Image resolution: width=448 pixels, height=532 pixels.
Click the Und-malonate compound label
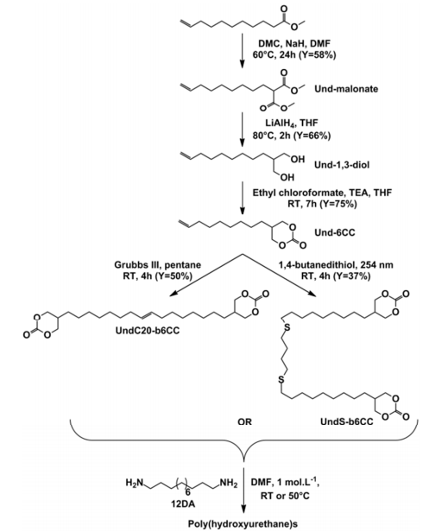point(346,89)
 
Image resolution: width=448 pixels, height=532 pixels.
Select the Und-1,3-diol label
point(342,165)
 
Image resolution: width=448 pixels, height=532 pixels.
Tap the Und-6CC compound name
point(334,233)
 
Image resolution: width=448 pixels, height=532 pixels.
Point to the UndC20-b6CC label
point(148,330)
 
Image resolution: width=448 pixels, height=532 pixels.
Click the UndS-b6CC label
point(347,421)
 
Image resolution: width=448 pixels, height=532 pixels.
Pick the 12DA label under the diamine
point(183,503)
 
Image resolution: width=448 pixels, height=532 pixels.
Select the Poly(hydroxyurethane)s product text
point(243,524)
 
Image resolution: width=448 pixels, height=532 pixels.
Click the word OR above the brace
point(244,421)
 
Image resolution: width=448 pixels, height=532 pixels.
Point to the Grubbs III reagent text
point(136,264)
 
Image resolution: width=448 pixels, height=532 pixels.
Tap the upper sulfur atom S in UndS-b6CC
point(287,327)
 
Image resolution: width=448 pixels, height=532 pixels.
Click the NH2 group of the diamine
point(228,483)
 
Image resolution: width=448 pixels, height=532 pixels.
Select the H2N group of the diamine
point(135,483)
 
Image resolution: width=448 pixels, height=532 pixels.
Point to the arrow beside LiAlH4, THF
point(243,130)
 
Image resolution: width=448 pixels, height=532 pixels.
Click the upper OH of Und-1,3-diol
point(298,159)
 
